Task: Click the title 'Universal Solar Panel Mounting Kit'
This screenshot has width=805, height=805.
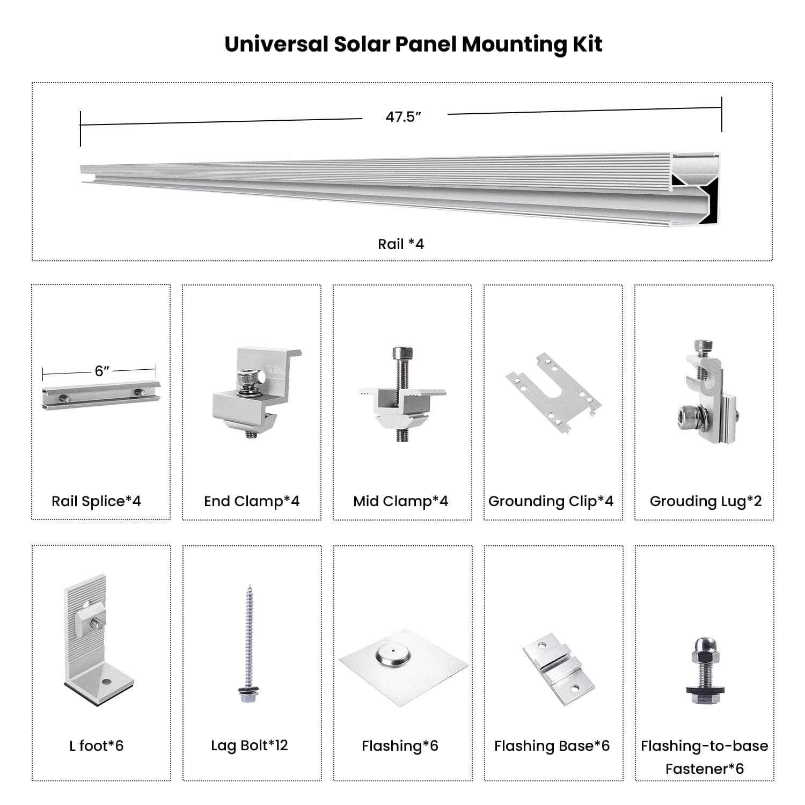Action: (413, 44)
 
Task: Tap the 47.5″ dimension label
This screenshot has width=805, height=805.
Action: (403, 117)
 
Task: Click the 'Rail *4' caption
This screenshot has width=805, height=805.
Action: (401, 244)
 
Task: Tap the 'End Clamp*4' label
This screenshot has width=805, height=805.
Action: (251, 501)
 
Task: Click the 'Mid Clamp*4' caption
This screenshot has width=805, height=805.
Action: (400, 501)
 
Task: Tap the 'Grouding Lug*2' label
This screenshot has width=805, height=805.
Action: (705, 501)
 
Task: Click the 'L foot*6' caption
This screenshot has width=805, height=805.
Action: (97, 745)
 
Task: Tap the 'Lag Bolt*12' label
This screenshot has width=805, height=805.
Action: (249, 745)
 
